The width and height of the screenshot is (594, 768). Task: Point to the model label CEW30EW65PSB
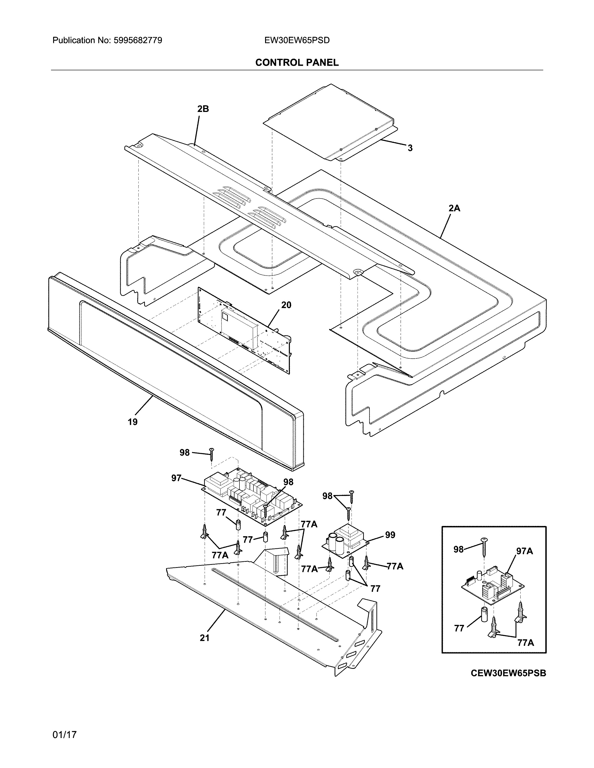coord(508,673)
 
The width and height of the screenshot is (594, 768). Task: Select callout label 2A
coord(454,208)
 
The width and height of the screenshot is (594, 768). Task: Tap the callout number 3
coord(410,148)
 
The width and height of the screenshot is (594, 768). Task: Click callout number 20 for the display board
coord(286,305)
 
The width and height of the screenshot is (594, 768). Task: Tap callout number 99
coord(390,535)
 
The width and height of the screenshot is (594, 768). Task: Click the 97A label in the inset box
coord(524,551)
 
